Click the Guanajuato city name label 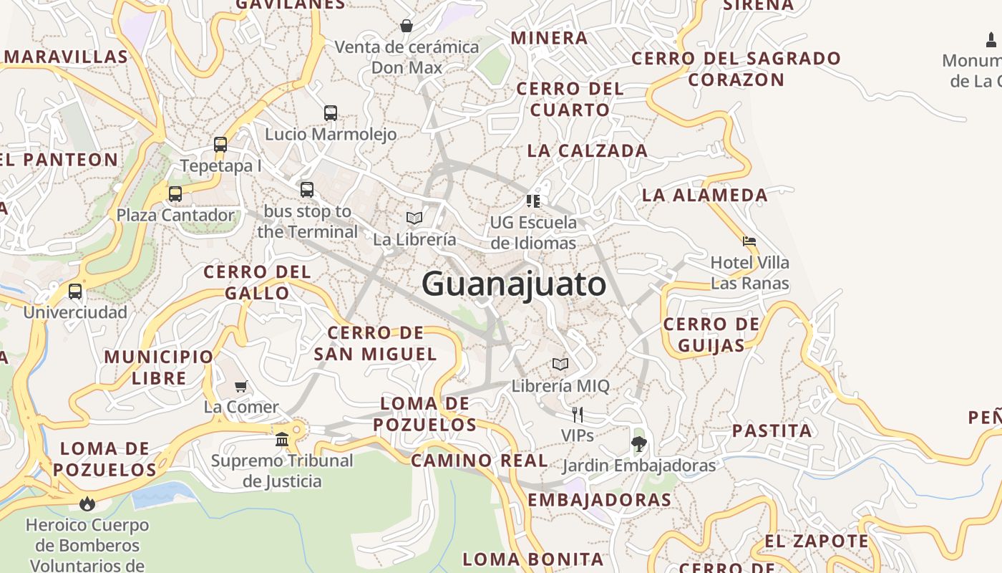(514, 284)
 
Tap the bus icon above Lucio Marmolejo (330, 112)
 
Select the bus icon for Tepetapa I (220, 144)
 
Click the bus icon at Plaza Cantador (175, 193)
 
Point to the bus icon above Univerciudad (75, 292)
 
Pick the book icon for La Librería (414, 218)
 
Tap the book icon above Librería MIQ (560, 365)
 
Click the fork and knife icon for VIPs (577, 414)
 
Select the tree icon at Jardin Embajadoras (638, 444)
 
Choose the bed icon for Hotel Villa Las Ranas (749, 241)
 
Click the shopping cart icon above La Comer (241, 386)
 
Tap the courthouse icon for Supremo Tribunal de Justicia (282, 438)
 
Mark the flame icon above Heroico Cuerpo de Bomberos (87, 504)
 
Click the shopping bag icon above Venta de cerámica (407, 26)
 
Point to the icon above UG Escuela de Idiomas (532, 201)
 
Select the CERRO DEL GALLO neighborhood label (257, 282)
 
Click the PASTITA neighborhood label (772, 430)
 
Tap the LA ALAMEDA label (704, 195)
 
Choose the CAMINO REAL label (480, 461)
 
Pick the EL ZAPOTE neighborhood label (816, 541)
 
